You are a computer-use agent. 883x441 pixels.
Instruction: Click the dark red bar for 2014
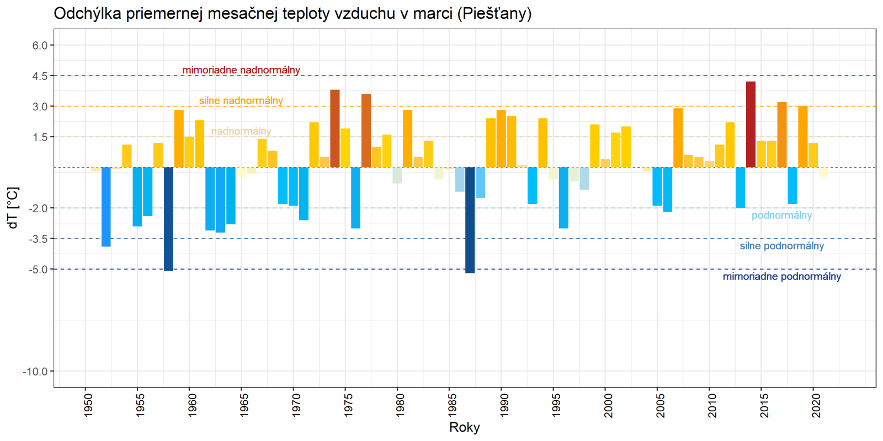(x=751, y=125)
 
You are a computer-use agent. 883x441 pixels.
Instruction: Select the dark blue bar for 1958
(x=168, y=219)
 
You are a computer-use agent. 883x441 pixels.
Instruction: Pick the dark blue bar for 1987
(x=470, y=220)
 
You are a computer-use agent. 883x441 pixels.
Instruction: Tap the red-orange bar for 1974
(x=335, y=128)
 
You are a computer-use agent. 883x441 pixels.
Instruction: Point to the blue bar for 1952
(x=106, y=207)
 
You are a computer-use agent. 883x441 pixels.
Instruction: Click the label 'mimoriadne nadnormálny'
(x=241, y=70)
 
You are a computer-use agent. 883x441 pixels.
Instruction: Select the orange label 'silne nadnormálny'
(x=241, y=101)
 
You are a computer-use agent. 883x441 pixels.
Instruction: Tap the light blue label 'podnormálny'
(x=781, y=216)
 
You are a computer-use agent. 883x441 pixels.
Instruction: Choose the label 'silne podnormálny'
(x=781, y=246)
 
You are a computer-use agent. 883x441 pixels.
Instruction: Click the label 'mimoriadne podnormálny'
(x=781, y=277)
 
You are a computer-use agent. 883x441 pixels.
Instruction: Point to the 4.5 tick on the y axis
(x=40, y=76)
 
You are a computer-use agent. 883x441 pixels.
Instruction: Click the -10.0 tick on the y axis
(x=35, y=372)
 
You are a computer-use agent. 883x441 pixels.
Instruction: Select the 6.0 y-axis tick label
(x=40, y=46)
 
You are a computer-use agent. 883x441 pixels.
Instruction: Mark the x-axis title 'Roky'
(x=465, y=427)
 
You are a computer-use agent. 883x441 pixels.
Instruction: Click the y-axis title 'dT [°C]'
(x=13, y=208)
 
